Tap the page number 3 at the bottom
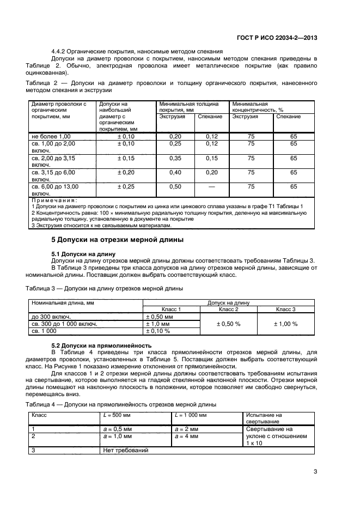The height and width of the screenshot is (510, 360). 315,472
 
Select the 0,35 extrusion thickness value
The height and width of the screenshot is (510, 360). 175,158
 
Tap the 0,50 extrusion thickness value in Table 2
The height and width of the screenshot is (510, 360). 175,186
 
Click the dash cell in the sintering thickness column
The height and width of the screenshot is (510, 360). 212,186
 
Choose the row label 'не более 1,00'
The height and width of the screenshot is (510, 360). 51,135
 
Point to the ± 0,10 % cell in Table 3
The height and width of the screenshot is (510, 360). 158,331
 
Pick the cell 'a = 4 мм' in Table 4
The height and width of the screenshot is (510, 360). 187,436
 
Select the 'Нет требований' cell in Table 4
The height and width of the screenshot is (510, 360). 125,451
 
